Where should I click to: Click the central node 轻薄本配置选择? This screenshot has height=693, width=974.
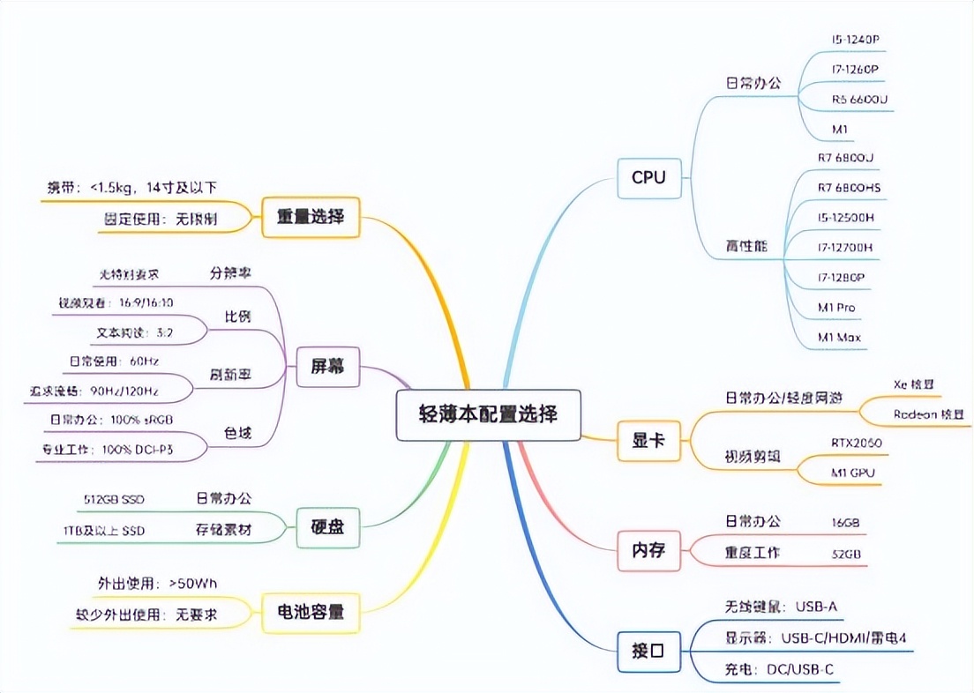click(488, 414)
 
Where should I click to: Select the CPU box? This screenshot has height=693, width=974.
click(648, 178)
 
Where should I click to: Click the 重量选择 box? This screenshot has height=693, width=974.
click(311, 216)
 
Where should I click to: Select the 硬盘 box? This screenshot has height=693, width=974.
click(326, 527)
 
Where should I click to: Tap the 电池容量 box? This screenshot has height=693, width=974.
click(311, 611)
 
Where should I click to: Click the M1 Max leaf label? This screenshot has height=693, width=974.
click(839, 337)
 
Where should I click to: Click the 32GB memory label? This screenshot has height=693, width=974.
click(844, 554)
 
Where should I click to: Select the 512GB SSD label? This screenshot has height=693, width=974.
click(114, 500)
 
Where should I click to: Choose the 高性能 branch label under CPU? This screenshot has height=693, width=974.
click(746, 246)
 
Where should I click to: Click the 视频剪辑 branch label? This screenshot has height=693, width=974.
click(753, 458)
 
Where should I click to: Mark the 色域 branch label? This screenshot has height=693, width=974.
click(237, 433)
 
